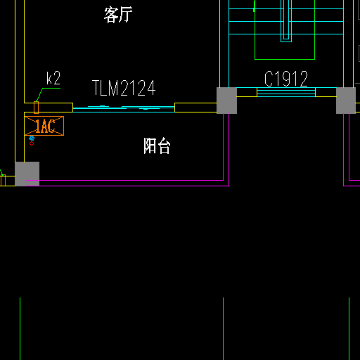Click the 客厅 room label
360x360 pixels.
pos(118,15)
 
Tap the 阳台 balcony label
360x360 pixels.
pos(157,146)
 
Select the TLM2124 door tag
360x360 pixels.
pos(124,88)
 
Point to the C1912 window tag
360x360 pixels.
pos(286,79)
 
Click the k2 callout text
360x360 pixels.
pos(53,78)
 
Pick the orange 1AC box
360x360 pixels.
pos(44,126)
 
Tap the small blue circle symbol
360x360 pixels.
pos(32,139)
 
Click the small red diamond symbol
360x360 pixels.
pos(32,143)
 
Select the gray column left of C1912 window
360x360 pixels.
pos(226,101)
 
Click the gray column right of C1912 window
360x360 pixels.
pos(346,101)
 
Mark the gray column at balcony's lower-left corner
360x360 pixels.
pos(27,174)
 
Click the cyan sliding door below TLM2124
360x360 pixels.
pos(124,109)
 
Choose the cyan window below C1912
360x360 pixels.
pos(286,92)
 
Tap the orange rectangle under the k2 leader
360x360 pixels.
pos(37,108)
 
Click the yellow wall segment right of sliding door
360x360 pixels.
pos(196,108)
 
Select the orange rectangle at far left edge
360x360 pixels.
pos(3,180)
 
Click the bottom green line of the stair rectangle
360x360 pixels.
pos(285,59)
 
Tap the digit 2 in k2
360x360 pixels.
pos(57,78)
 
